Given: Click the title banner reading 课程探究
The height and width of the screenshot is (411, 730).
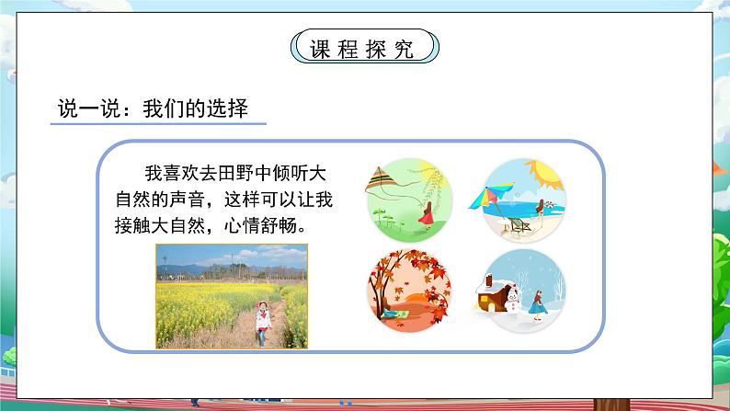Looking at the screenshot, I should click(x=364, y=47).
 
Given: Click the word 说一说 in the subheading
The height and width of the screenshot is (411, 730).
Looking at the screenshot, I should click(x=90, y=108).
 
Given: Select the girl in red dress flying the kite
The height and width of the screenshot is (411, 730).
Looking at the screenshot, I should click(x=426, y=215).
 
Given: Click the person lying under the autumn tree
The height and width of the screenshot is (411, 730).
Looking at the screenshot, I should click(x=394, y=314).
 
